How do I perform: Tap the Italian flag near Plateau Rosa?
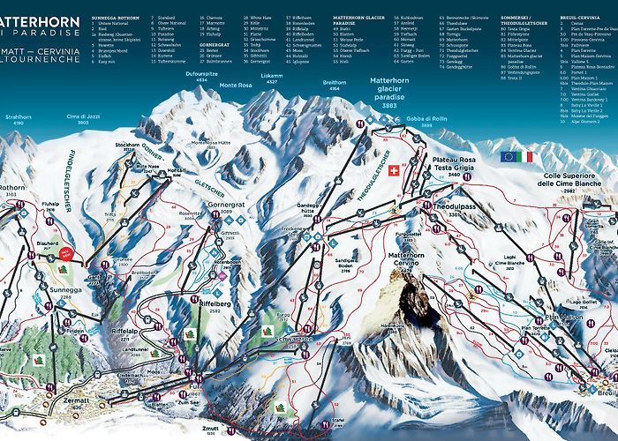coord(528,156)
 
